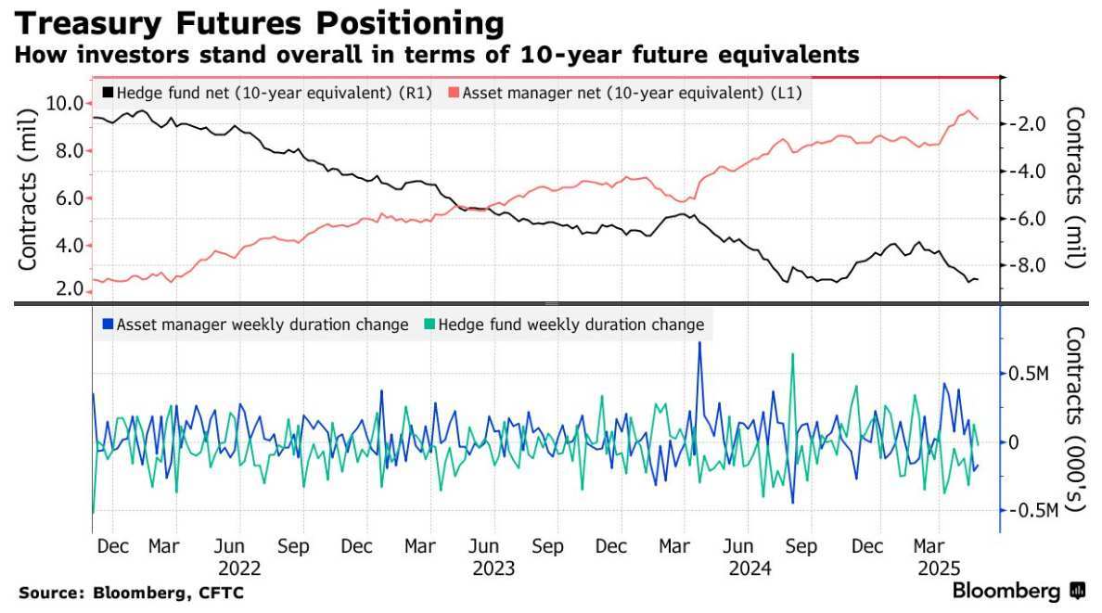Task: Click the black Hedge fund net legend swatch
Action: pos(109,93)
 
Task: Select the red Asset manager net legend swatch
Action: pos(452,93)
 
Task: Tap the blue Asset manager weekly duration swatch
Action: pos(109,325)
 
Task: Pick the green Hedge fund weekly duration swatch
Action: pos(429,325)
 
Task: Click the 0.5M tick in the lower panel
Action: pos(1029,373)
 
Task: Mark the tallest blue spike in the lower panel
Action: pos(700,343)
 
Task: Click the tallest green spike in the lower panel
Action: pos(792,354)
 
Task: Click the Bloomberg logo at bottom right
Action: pos(1019,591)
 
